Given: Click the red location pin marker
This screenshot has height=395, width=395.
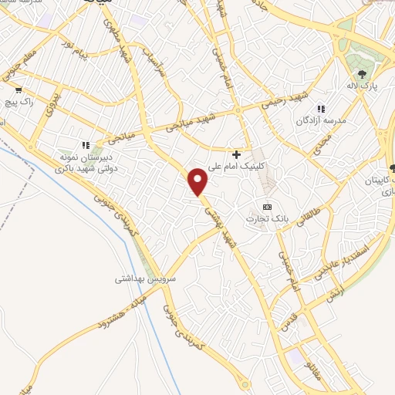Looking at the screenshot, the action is click(199, 181).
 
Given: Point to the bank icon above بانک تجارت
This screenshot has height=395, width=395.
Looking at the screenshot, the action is click(268, 207).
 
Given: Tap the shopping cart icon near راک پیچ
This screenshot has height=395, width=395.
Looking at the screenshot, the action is click(18, 89).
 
